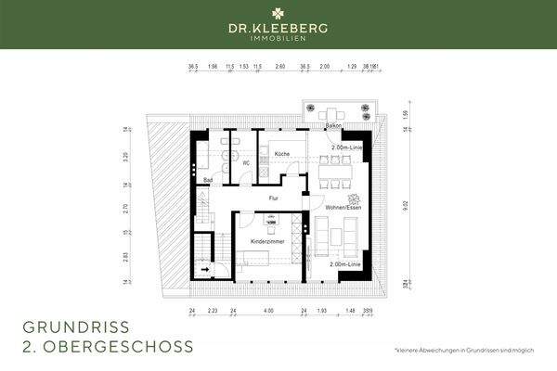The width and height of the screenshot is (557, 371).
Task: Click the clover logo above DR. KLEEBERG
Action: pos(278,15)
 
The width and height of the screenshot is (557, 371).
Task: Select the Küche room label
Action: pos(283,154)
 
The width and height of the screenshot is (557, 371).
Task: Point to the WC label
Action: pos(247,164)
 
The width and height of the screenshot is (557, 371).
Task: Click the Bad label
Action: pos(209,179)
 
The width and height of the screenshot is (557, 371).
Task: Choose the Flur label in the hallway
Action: pos(274,198)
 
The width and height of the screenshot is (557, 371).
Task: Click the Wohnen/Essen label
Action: pos(342,209)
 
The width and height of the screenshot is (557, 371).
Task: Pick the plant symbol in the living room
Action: pos(353,198)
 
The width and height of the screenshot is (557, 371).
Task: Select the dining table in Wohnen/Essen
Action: pos(336,168)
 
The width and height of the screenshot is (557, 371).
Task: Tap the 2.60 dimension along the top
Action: pos(280,68)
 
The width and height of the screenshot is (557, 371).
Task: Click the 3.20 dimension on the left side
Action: pos(127,157)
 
